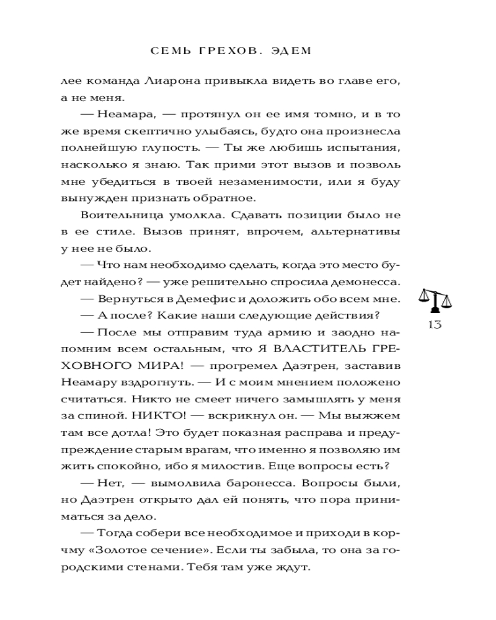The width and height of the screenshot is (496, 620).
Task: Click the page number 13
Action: [435, 325]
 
